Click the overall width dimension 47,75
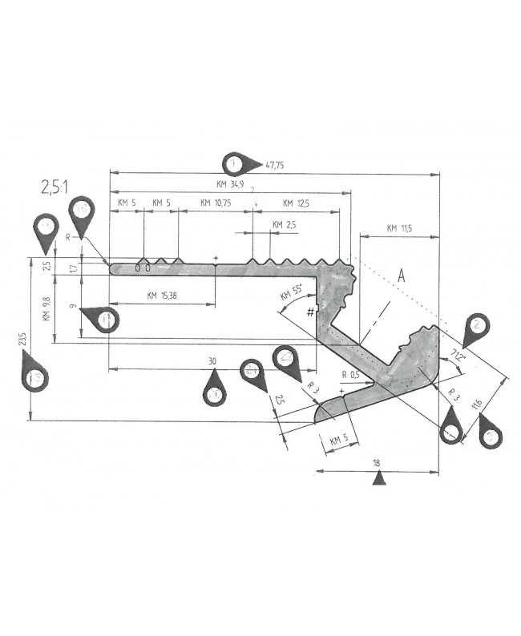point(274,165)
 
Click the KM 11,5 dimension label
point(398,229)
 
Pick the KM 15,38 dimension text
point(163,296)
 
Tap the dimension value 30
point(212,362)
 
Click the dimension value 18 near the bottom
point(377,463)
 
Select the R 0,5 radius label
point(350,375)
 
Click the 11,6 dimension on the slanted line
point(479,405)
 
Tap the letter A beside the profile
point(402,275)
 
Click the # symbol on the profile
point(309,312)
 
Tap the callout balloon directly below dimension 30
point(214,393)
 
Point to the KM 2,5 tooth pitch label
point(284,225)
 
